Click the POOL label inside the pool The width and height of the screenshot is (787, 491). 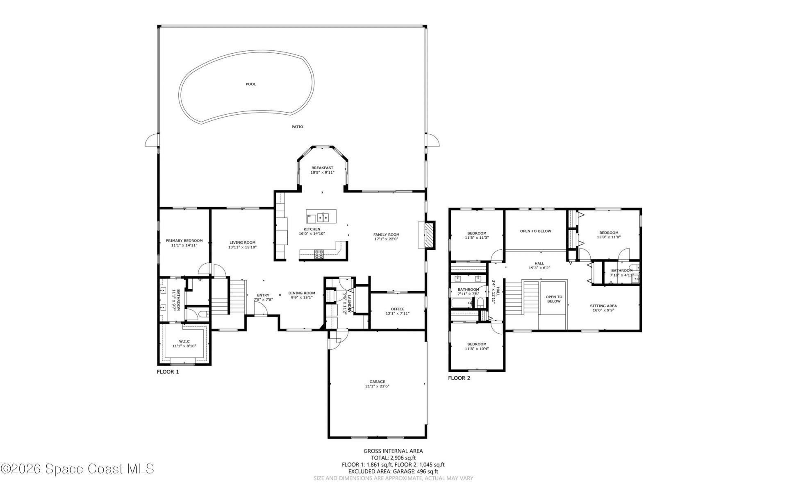click(x=250, y=84)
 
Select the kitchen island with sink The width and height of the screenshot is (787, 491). click(x=321, y=216)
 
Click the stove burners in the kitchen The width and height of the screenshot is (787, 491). click(x=318, y=254)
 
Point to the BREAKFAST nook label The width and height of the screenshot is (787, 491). click(x=322, y=168)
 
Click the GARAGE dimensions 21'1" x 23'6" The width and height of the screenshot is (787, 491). click(x=377, y=386)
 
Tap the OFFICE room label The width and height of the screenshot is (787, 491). click(x=397, y=309)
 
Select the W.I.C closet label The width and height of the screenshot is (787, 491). click(x=184, y=342)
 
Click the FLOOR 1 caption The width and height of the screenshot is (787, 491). click(x=168, y=372)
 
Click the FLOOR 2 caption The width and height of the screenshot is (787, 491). click(x=459, y=378)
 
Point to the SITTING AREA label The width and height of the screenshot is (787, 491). click(x=603, y=306)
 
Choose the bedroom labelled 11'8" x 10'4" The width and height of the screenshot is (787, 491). click(x=477, y=346)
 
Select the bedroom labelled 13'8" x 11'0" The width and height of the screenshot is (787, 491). click(x=609, y=235)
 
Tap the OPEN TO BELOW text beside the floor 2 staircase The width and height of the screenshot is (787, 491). click(x=554, y=299)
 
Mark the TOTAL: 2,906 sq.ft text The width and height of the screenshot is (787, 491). click(x=393, y=458)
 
